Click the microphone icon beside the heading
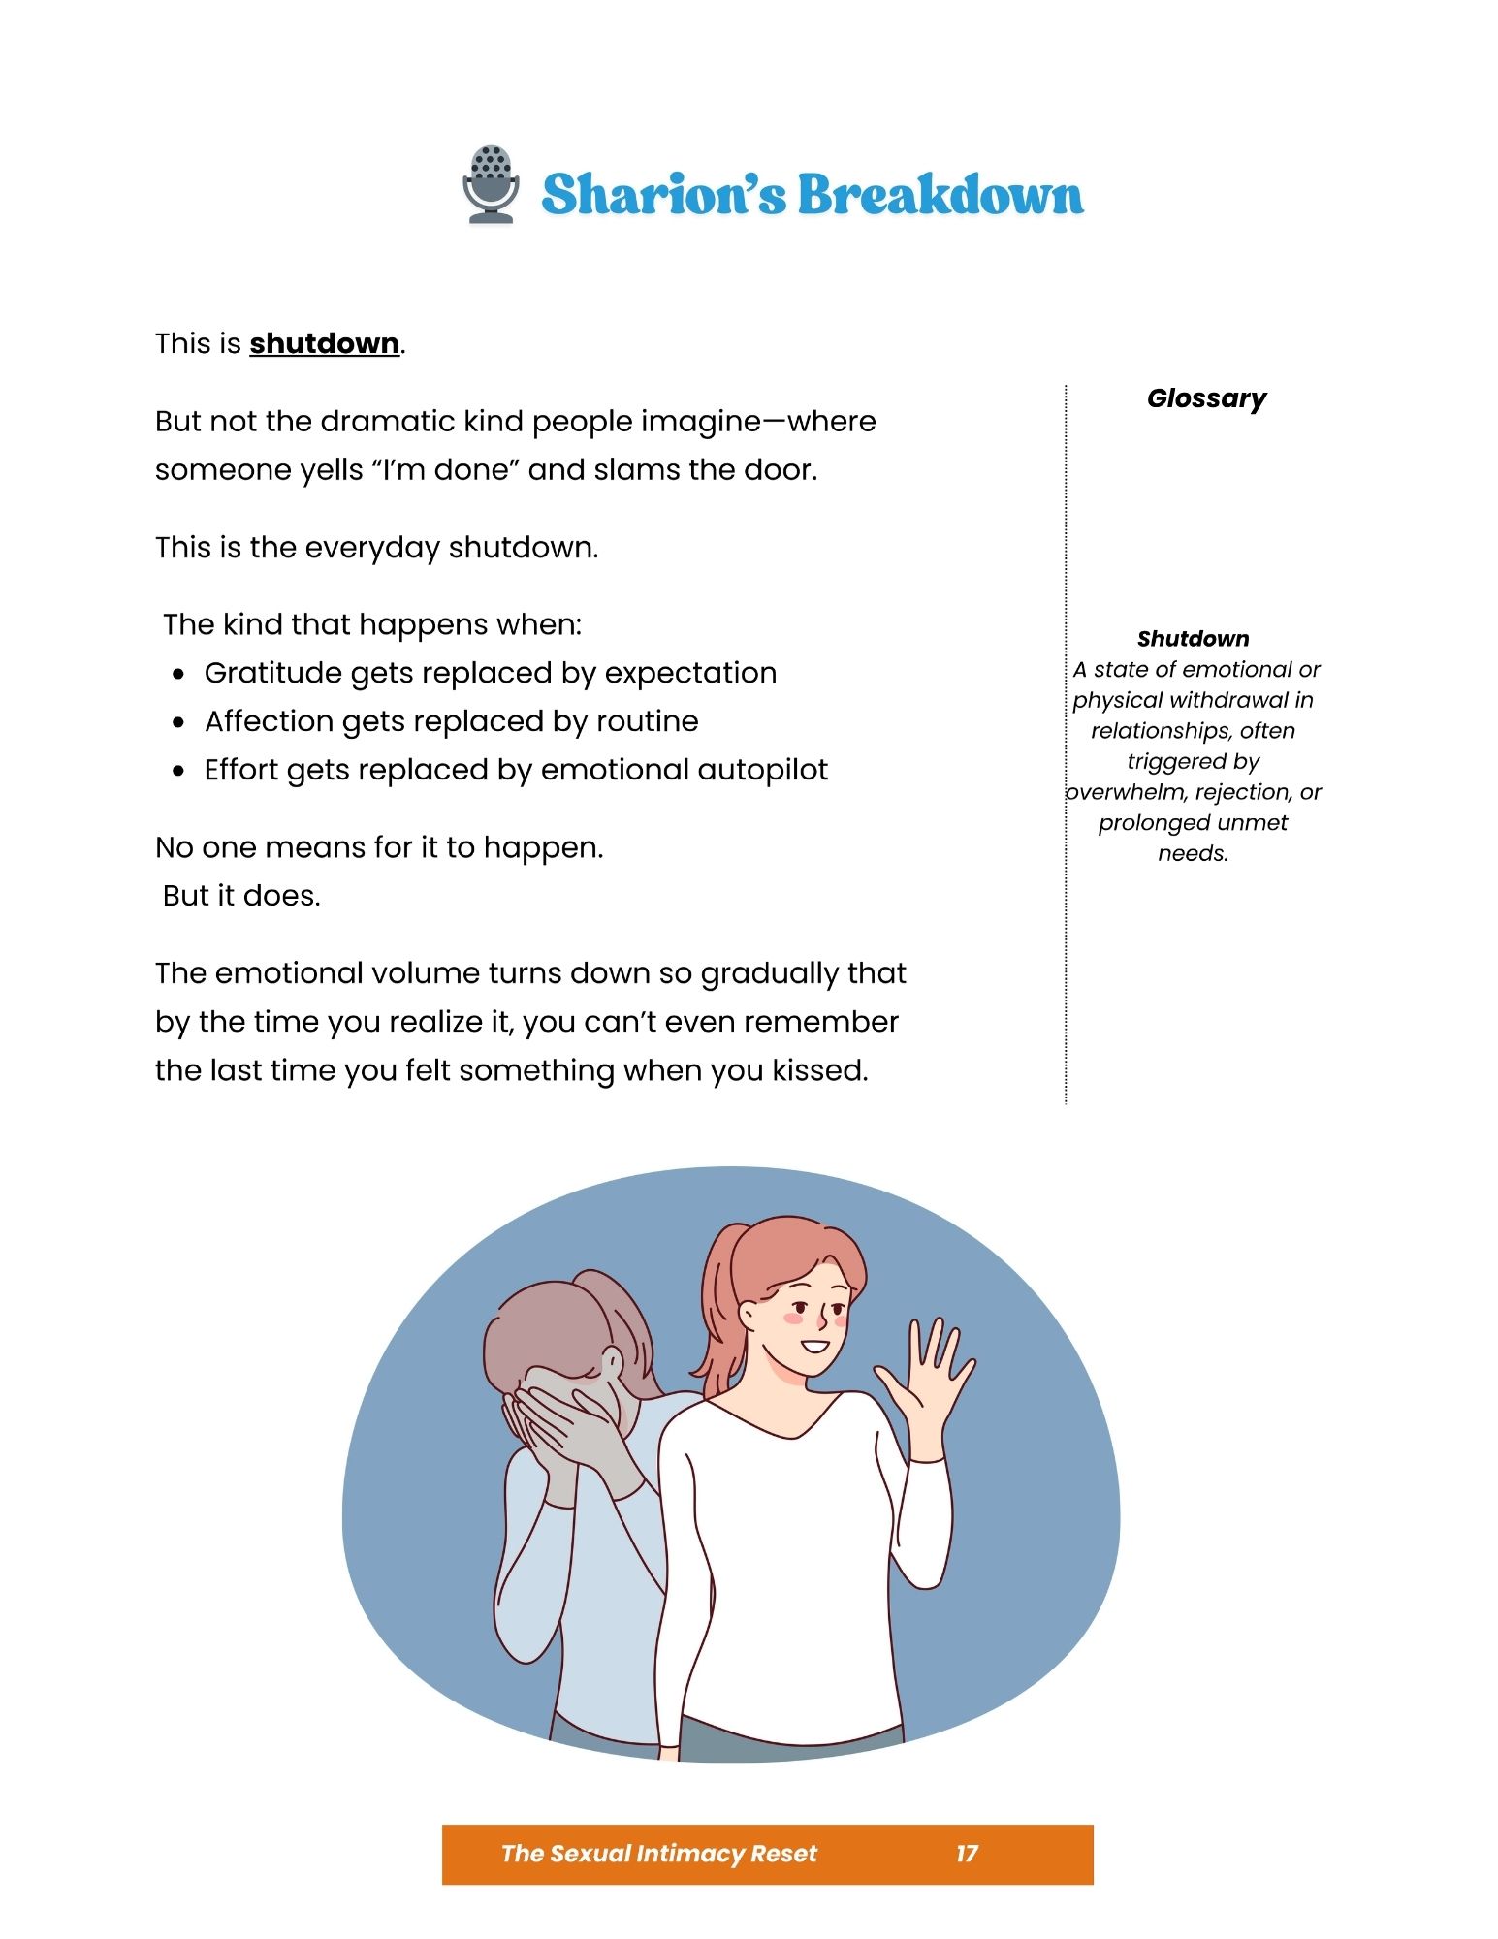(490, 185)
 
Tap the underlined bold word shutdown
(324, 344)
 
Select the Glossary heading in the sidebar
(1206, 398)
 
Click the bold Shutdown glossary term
(1193, 639)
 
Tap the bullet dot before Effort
(178, 772)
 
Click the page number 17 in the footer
(967, 1854)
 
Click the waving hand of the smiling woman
(926, 1377)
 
